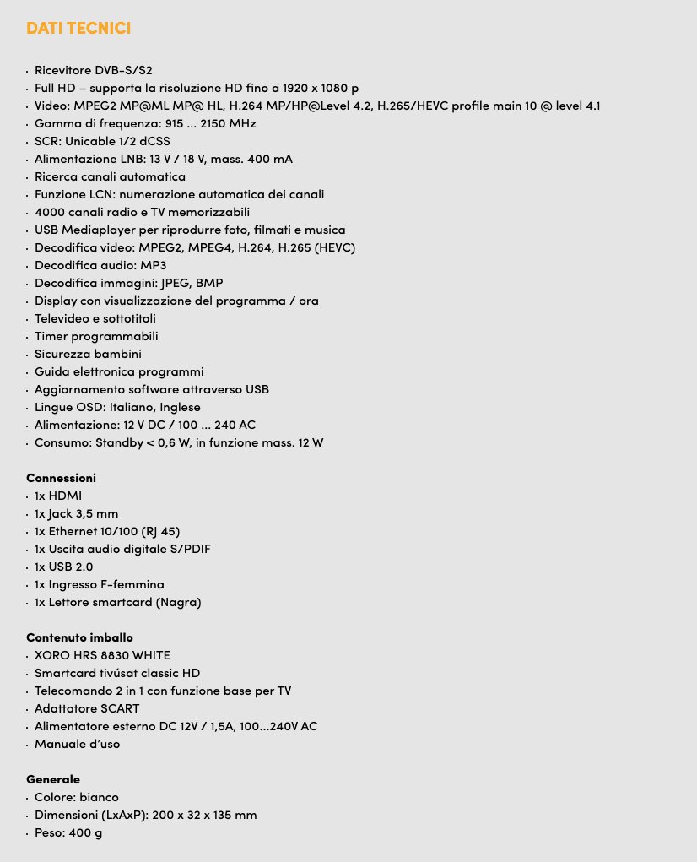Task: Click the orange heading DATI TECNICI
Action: coord(78,29)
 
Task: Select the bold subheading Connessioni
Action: coord(61,478)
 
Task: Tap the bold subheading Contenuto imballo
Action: coord(79,637)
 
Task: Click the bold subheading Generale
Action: coord(53,779)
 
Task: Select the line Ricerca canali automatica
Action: coord(110,176)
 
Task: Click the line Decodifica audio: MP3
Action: coord(100,265)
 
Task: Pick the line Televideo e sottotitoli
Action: coord(95,318)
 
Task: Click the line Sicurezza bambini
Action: coord(88,354)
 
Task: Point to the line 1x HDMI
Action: coord(58,496)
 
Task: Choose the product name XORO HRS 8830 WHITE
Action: coord(102,655)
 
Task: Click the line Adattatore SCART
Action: coord(87,708)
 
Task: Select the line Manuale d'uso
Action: coord(77,744)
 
